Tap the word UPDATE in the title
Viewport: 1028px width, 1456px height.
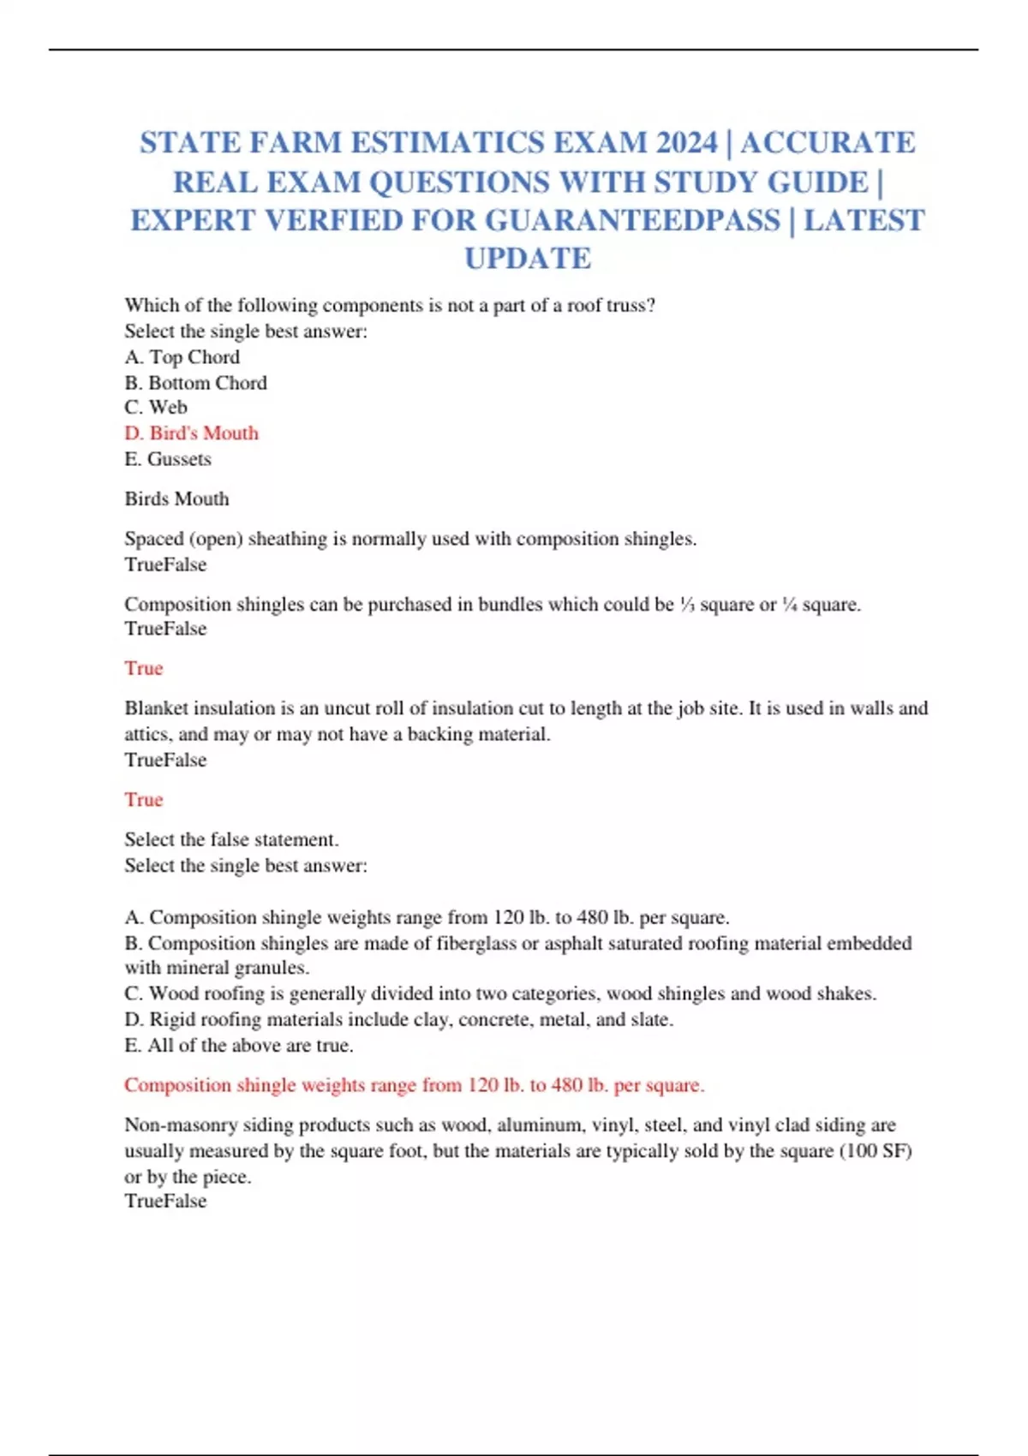pos(528,259)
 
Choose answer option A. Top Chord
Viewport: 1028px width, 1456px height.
pos(182,357)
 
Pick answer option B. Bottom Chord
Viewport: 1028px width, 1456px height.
pos(195,383)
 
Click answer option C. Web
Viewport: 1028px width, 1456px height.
pos(156,408)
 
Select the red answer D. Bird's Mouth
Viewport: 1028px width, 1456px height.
pos(191,433)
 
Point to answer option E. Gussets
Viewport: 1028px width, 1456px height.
pos(168,459)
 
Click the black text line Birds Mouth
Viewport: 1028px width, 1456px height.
pos(176,498)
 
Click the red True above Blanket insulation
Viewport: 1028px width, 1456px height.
pos(143,668)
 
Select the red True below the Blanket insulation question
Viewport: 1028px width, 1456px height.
pos(143,800)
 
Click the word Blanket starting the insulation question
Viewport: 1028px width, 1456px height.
pos(156,708)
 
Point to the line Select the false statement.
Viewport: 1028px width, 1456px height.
pos(231,839)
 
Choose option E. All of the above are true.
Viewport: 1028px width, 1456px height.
pos(238,1046)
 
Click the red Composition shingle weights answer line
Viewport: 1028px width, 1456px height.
pos(414,1085)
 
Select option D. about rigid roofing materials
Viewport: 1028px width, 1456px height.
pos(398,1020)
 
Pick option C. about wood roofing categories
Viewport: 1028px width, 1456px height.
pos(499,994)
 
